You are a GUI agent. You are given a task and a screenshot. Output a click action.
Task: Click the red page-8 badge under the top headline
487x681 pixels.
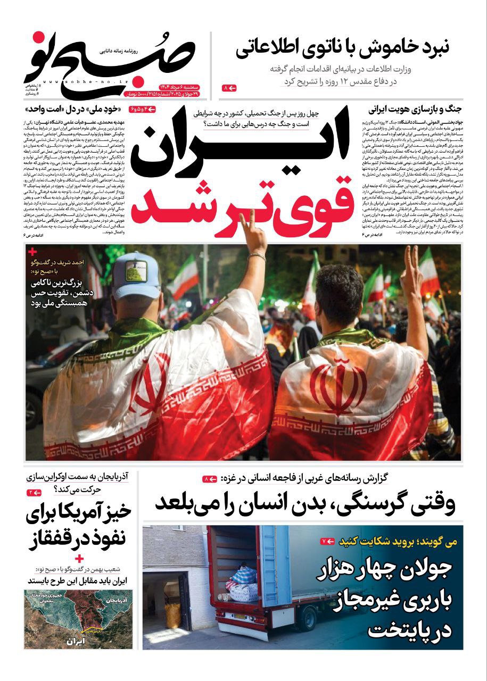229,87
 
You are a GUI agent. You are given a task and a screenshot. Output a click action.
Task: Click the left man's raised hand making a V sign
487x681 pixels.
254,234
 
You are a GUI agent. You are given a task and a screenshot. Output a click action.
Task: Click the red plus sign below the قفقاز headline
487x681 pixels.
79,559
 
